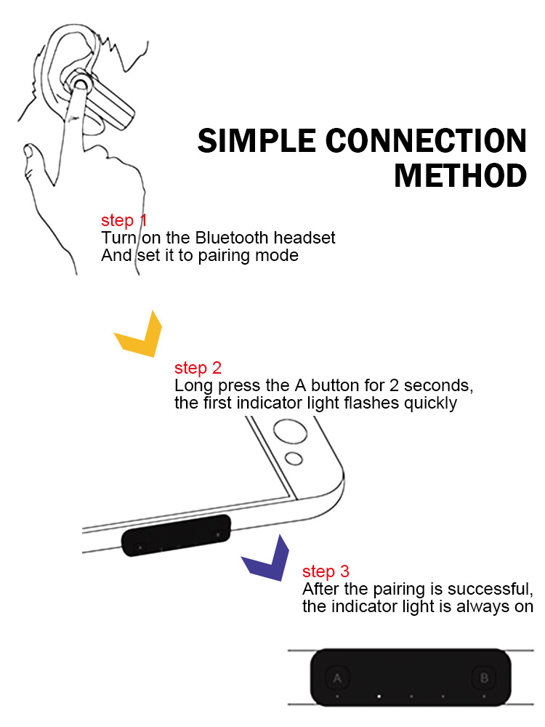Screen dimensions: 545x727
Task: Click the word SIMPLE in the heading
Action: (x=254, y=140)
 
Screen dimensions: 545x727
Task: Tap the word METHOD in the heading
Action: (x=461, y=176)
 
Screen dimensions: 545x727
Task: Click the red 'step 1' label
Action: (x=124, y=220)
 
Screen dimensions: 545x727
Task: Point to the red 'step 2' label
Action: (x=198, y=368)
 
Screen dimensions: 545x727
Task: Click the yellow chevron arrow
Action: (x=140, y=336)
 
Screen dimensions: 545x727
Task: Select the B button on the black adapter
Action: (x=484, y=679)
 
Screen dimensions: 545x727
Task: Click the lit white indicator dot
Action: (x=379, y=696)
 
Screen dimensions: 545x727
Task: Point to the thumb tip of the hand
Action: (x=30, y=152)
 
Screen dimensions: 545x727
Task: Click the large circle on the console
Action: (x=286, y=433)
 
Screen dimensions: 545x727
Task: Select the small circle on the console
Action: (x=294, y=459)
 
